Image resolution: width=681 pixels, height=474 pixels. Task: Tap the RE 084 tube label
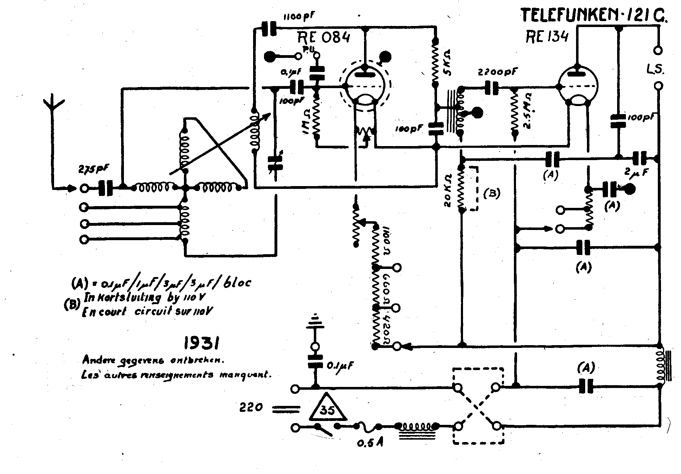[x=324, y=37]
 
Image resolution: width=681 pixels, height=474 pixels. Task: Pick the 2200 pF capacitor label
[x=497, y=73]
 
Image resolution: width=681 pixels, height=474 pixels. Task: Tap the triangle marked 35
[x=328, y=409]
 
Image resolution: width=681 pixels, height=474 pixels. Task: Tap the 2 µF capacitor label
[x=637, y=172]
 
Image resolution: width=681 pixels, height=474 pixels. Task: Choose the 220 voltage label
[x=251, y=408]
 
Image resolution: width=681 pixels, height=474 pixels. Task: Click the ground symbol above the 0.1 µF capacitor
[x=315, y=321]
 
